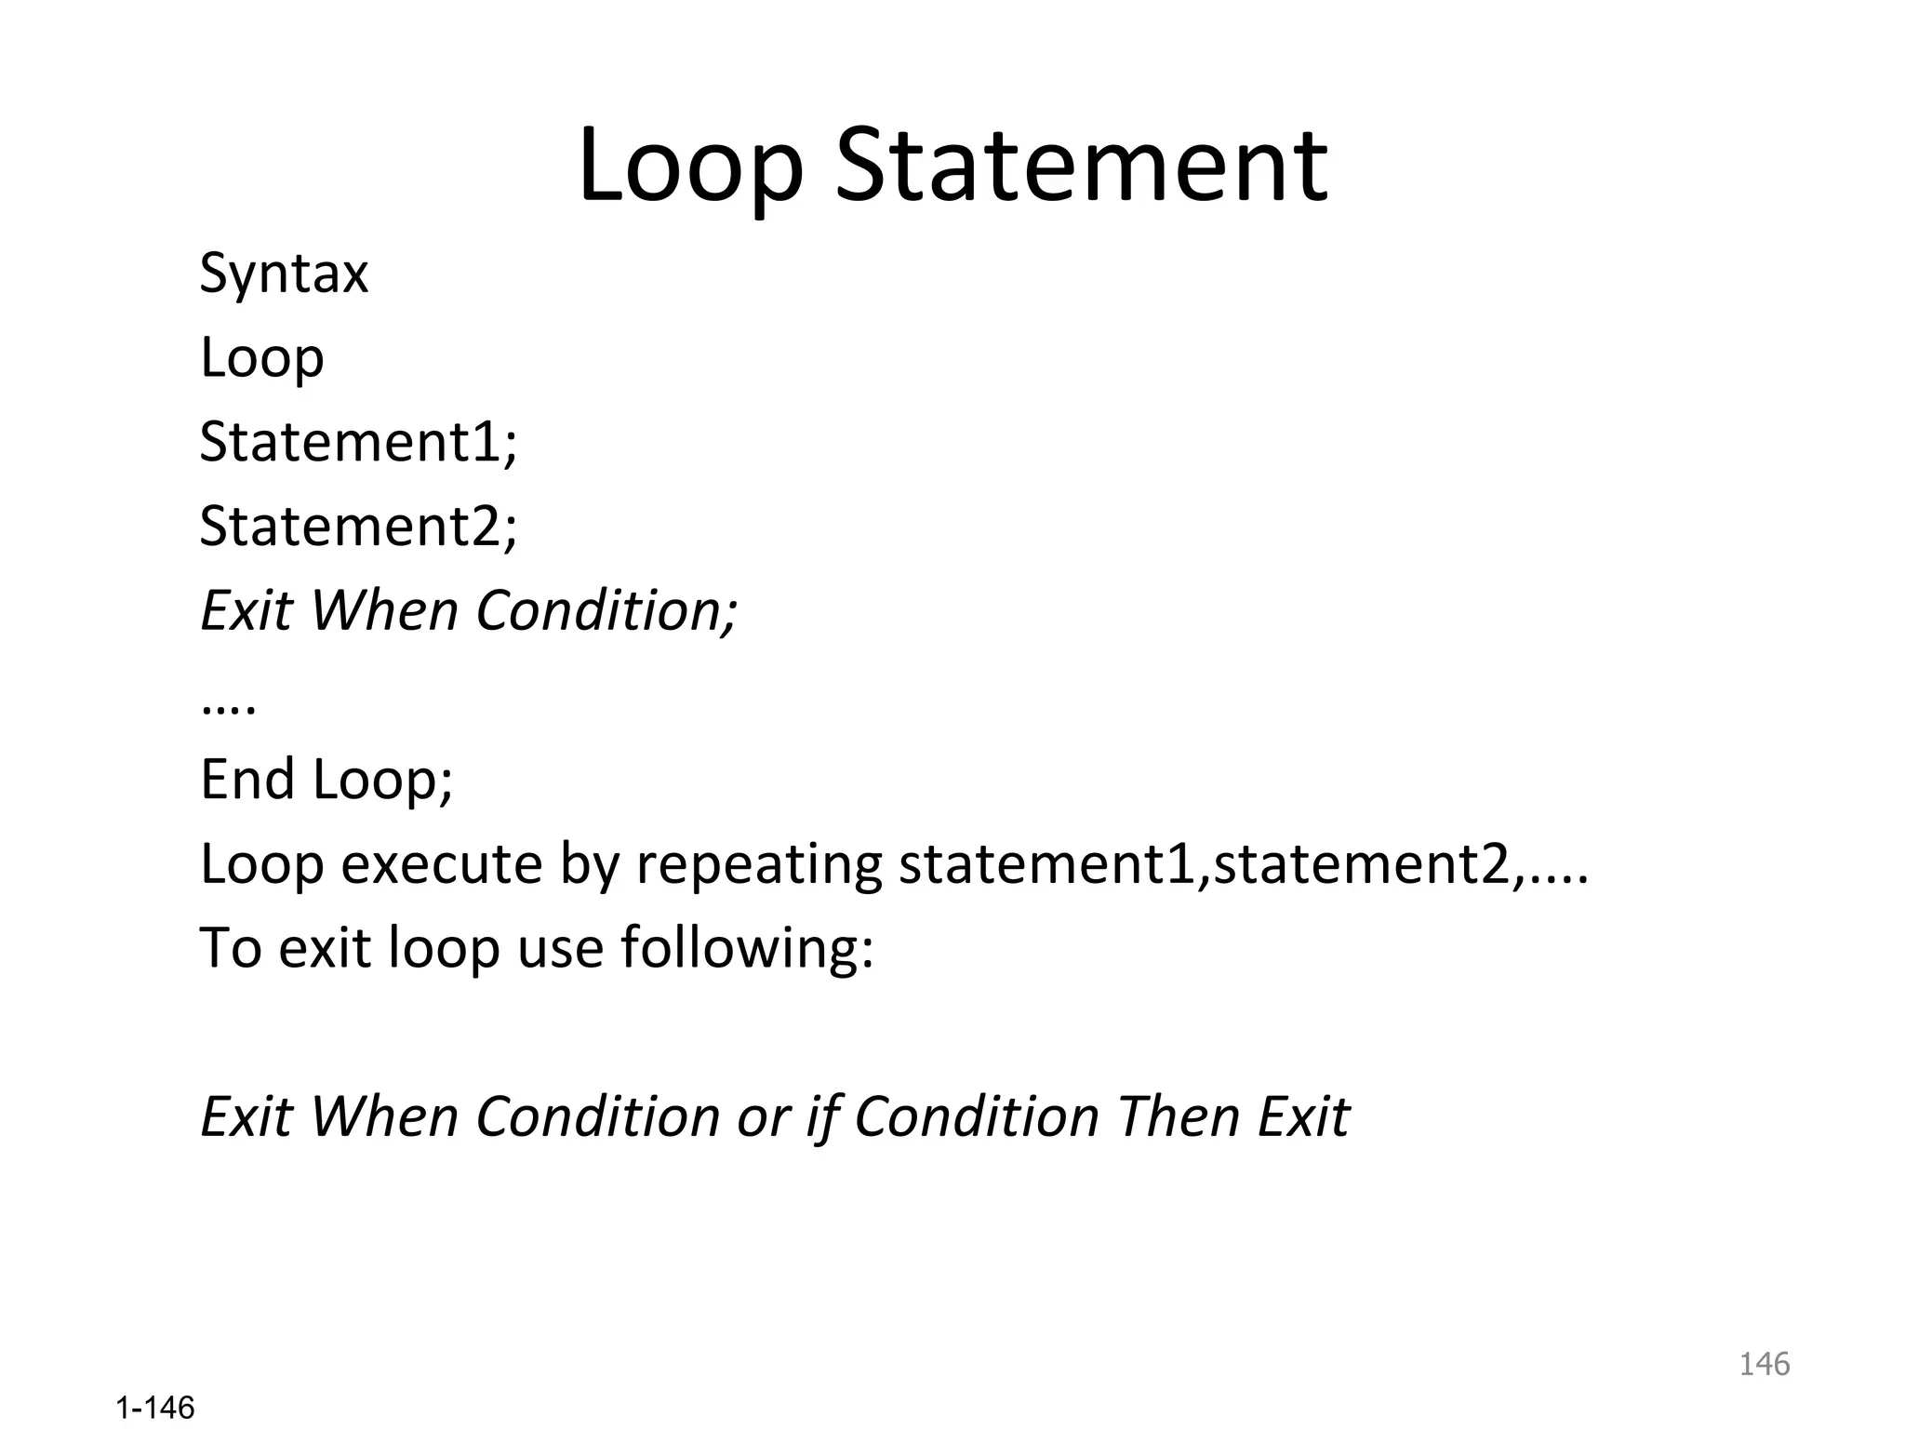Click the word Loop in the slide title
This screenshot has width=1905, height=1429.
click(x=690, y=167)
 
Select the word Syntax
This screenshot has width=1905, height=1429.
click(x=284, y=274)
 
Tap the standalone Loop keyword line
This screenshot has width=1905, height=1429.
click(x=261, y=357)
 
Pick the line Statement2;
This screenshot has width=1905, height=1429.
click(x=358, y=526)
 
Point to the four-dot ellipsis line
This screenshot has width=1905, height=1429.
click(x=228, y=705)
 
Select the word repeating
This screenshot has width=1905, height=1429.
click(x=758, y=864)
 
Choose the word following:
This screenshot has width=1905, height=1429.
click(x=747, y=948)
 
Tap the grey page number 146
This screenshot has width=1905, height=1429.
click(x=1764, y=1364)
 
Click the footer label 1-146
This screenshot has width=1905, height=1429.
click(x=155, y=1408)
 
